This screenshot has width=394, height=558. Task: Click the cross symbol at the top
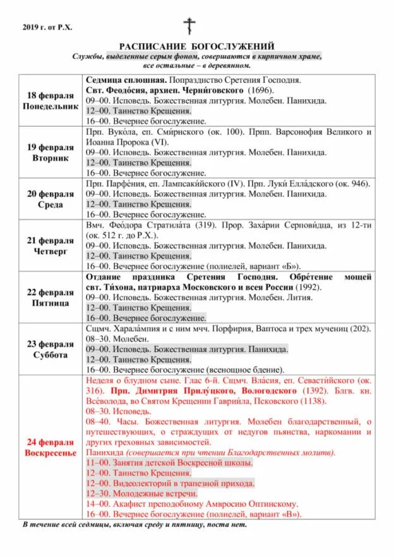[x=189, y=26]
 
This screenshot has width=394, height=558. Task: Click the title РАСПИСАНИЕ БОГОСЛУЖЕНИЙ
[x=197, y=46]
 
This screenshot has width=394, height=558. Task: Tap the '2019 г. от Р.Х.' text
[x=47, y=27]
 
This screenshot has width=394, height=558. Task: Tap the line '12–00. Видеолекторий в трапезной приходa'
[x=169, y=483]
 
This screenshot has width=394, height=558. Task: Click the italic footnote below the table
[x=134, y=525]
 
